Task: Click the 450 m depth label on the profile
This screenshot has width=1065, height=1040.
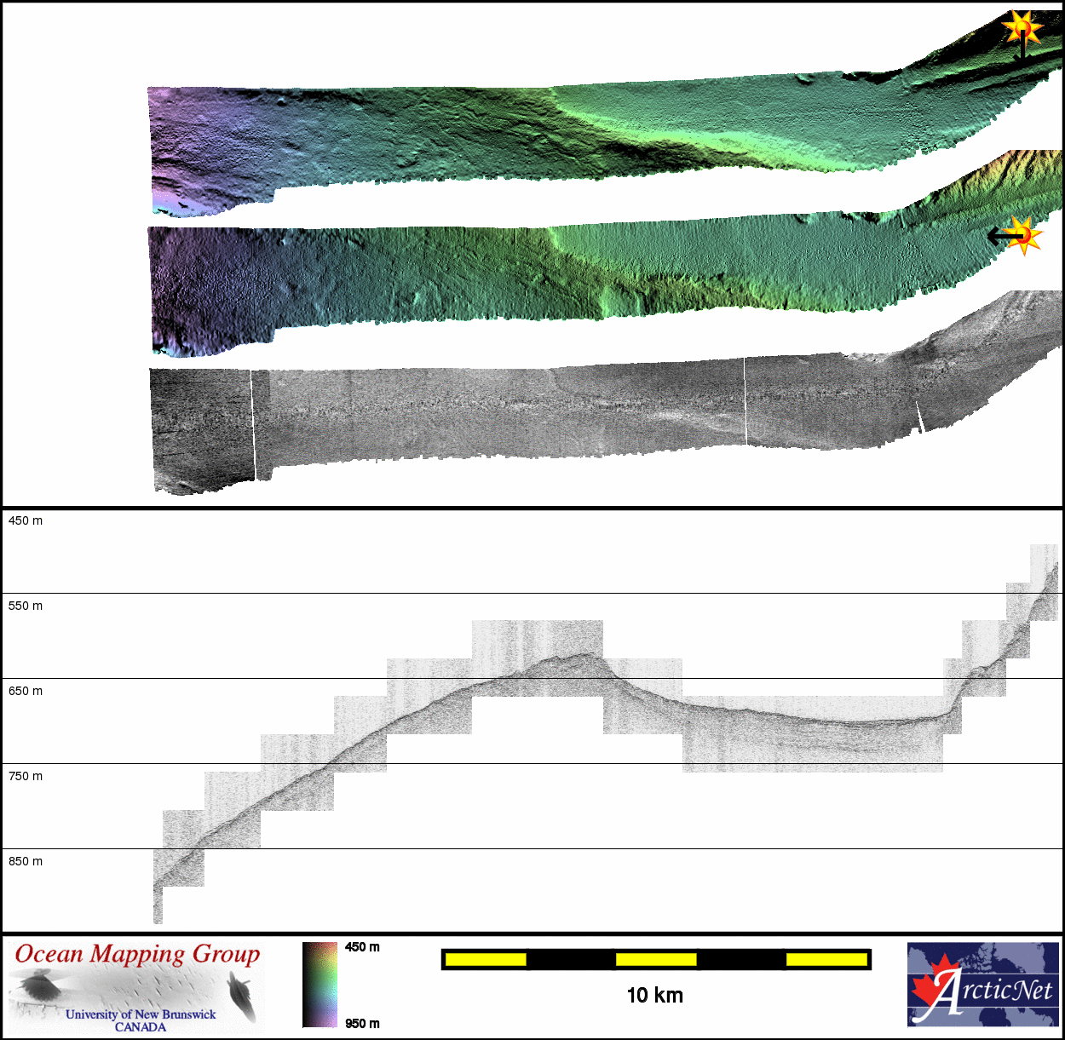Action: [x=26, y=520]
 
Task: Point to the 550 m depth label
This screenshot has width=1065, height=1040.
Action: [x=26, y=606]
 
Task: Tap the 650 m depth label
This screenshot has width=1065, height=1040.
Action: [x=26, y=691]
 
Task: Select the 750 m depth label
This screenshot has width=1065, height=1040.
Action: [x=26, y=776]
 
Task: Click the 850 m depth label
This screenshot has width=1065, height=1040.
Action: [x=26, y=862]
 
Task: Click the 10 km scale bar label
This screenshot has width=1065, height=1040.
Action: [x=655, y=996]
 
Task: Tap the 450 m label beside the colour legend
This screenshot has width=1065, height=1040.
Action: [x=362, y=947]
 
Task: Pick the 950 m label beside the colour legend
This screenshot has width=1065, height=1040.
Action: [x=362, y=1024]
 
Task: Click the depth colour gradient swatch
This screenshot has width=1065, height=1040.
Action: [x=320, y=985]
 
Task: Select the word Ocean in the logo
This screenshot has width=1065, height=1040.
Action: [x=49, y=954]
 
